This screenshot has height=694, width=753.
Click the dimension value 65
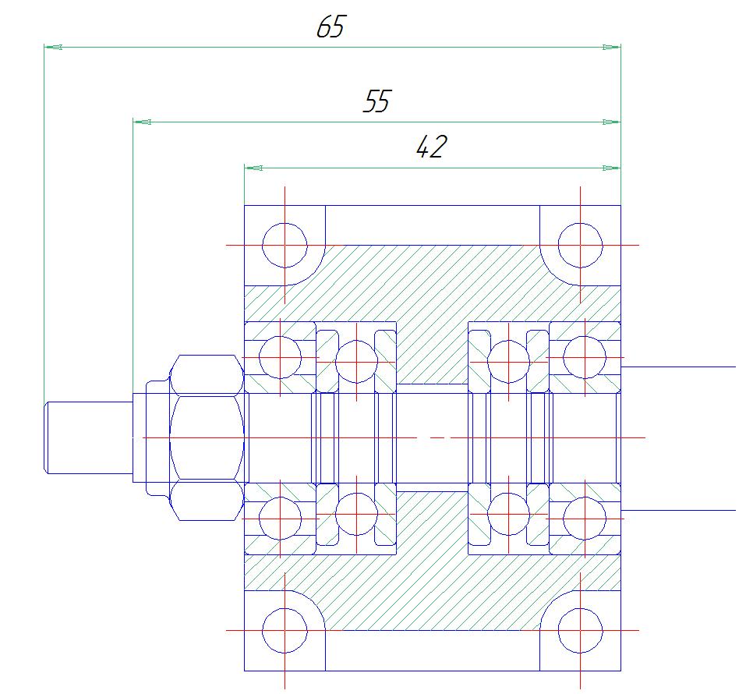click(331, 27)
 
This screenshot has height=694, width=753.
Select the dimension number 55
click(377, 101)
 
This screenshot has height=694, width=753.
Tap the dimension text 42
click(431, 147)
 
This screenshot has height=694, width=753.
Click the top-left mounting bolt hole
click(285, 246)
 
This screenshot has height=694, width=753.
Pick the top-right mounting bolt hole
click(580, 246)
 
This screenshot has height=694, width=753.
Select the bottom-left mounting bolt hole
click(285, 630)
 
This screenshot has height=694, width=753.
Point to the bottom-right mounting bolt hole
click(580, 630)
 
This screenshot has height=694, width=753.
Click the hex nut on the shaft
click(207, 437)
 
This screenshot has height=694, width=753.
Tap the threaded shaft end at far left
click(88, 437)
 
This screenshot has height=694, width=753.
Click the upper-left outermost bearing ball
click(280, 357)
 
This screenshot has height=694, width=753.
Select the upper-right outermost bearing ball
click(585, 357)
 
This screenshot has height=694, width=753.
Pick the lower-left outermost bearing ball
click(280, 519)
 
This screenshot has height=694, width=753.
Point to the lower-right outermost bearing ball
click(585, 519)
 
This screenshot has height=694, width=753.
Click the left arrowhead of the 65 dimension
click(53, 47)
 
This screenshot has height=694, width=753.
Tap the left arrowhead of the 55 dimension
click(142, 122)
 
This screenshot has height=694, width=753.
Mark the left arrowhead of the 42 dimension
click(253, 168)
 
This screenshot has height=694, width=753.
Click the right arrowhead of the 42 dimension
click(611, 168)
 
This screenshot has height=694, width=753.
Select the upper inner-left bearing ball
click(356, 362)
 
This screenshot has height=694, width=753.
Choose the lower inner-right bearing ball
click(508, 514)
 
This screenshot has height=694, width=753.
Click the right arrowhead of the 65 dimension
click(611, 47)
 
